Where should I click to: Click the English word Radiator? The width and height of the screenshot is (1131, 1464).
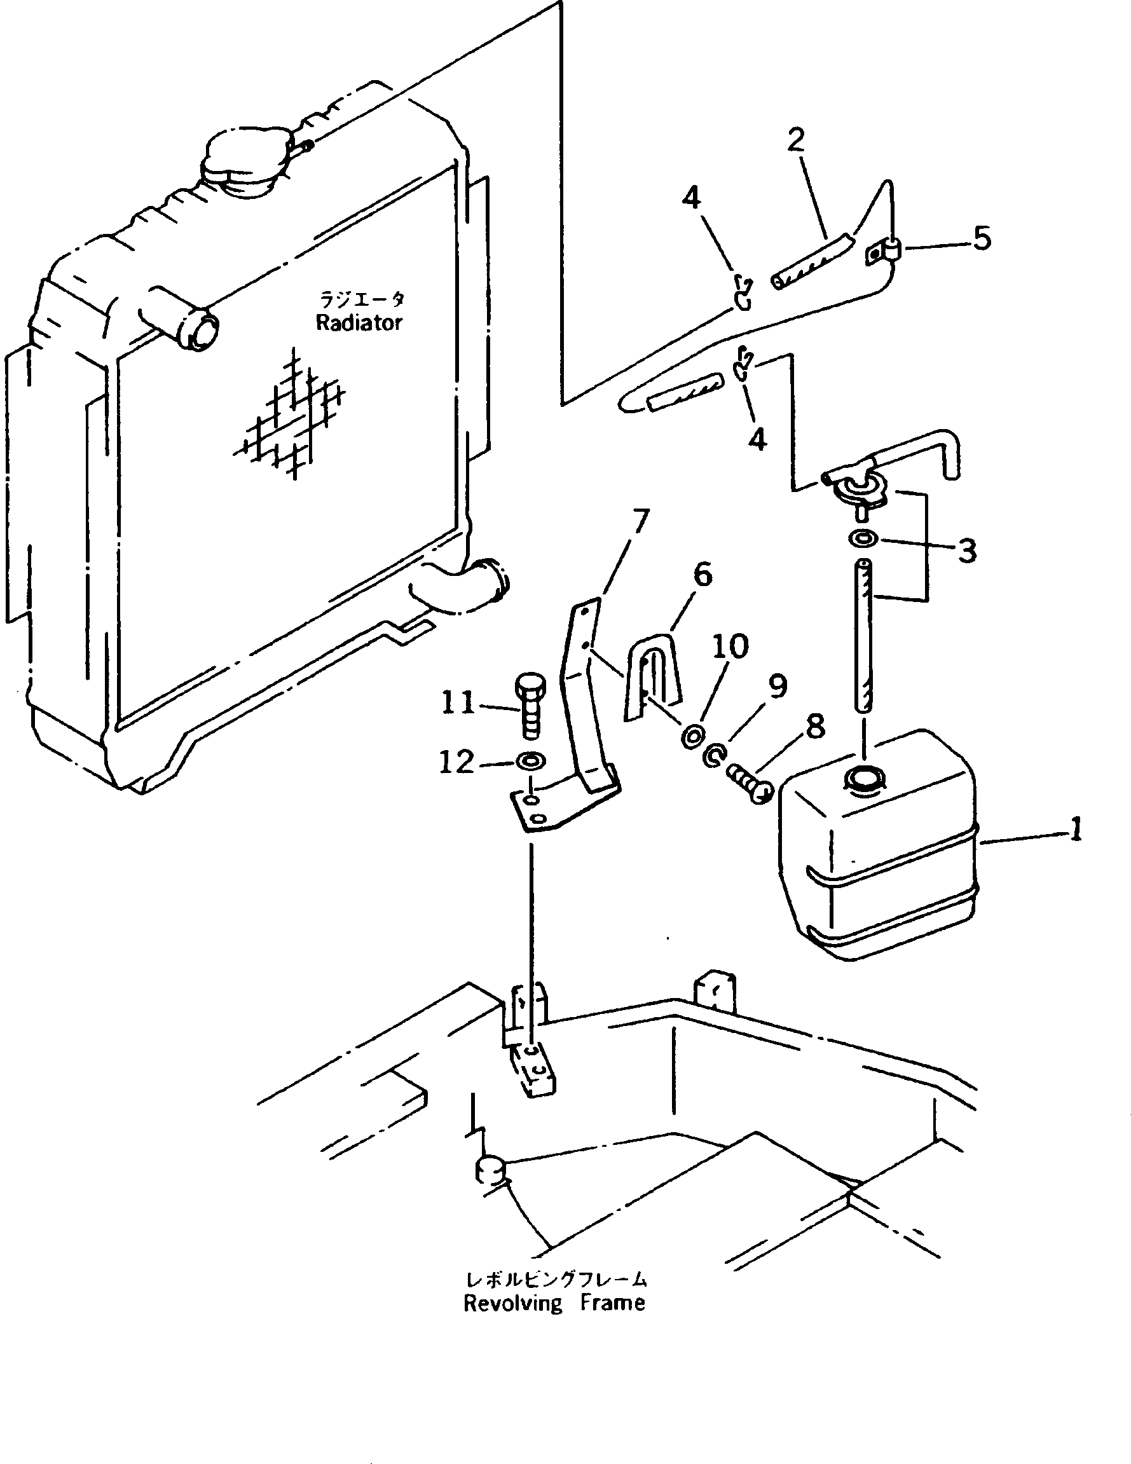[x=359, y=323]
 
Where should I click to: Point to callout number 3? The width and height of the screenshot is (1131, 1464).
[x=967, y=551]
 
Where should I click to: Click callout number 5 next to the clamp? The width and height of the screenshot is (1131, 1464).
[x=982, y=238]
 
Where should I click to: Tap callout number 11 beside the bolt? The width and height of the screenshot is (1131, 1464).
[x=458, y=702]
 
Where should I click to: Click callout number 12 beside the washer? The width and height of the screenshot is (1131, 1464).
[x=456, y=762]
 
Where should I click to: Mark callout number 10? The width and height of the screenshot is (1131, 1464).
[x=729, y=647]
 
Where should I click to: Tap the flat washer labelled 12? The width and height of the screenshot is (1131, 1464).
[x=530, y=761]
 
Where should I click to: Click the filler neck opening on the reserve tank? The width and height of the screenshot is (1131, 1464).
[x=864, y=779]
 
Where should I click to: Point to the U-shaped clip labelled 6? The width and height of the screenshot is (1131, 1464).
[x=653, y=674]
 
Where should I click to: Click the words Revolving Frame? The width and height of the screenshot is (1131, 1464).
[x=554, y=1303]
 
